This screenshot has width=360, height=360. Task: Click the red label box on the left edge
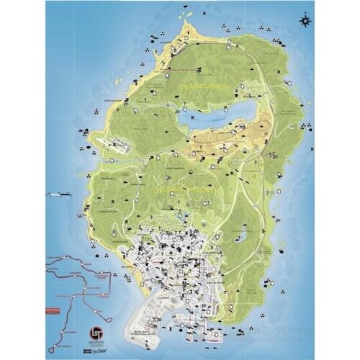coord(51,310)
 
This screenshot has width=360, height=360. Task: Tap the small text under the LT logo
coord(95,344)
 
